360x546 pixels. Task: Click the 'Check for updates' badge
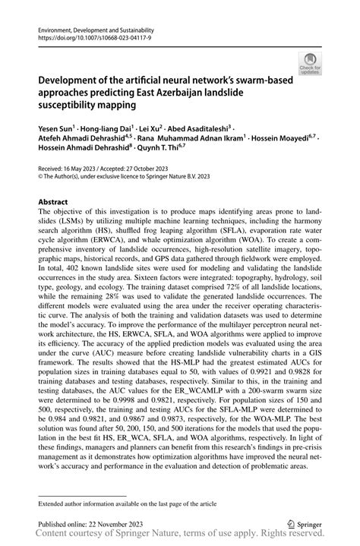(309, 66)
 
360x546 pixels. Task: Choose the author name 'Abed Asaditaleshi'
(204, 128)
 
